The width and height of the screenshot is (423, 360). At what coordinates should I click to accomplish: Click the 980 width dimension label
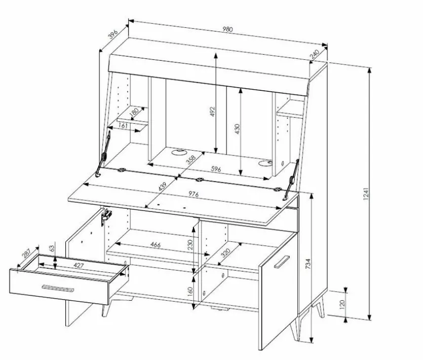[227, 29]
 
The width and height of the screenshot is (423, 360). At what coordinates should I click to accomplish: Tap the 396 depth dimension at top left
[113, 34]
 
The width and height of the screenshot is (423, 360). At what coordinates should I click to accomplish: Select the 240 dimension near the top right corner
[314, 54]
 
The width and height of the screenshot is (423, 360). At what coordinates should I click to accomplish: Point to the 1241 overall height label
[366, 194]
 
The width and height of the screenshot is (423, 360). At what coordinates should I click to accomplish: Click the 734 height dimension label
[308, 264]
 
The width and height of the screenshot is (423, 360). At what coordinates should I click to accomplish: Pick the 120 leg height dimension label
[342, 304]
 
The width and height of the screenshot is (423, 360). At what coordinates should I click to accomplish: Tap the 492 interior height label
[212, 112]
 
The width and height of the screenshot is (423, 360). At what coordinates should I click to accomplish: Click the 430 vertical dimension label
[237, 129]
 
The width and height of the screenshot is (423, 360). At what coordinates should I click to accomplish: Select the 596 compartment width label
[216, 169]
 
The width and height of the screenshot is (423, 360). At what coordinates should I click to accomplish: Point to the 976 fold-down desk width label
[194, 194]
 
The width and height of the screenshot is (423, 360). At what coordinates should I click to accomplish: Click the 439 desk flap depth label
[163, 187]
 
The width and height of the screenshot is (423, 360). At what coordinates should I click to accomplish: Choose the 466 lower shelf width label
[156, 245]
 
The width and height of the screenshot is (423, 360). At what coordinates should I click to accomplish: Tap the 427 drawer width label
[79, 266]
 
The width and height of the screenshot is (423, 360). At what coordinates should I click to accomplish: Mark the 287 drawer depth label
[26, 253]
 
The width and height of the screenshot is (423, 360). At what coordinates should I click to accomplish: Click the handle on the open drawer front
[58, 288]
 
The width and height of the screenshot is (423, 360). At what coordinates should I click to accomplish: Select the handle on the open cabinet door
[282, 262]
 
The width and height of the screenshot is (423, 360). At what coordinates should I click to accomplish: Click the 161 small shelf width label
[123, 126]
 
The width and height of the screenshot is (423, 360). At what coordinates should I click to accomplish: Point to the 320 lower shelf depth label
[225, 253]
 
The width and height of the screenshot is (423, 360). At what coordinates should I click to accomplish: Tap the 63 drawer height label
[52, 248]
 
